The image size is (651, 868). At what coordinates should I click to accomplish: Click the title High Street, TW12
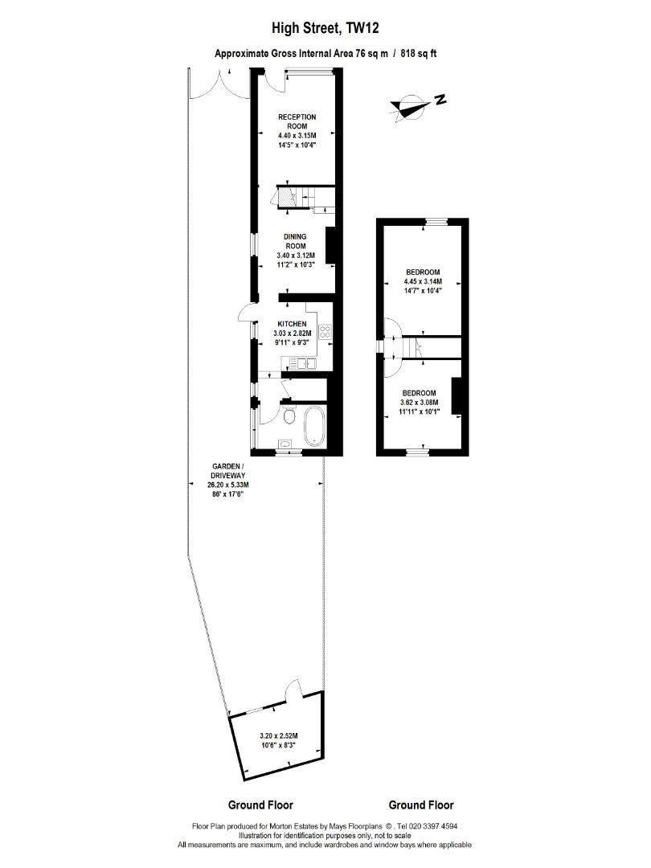[325, 28]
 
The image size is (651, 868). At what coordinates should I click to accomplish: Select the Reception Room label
[297, 121]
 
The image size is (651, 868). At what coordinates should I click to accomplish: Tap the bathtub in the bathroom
[315, 427]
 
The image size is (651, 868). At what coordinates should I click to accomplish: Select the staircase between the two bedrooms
[415, 348]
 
